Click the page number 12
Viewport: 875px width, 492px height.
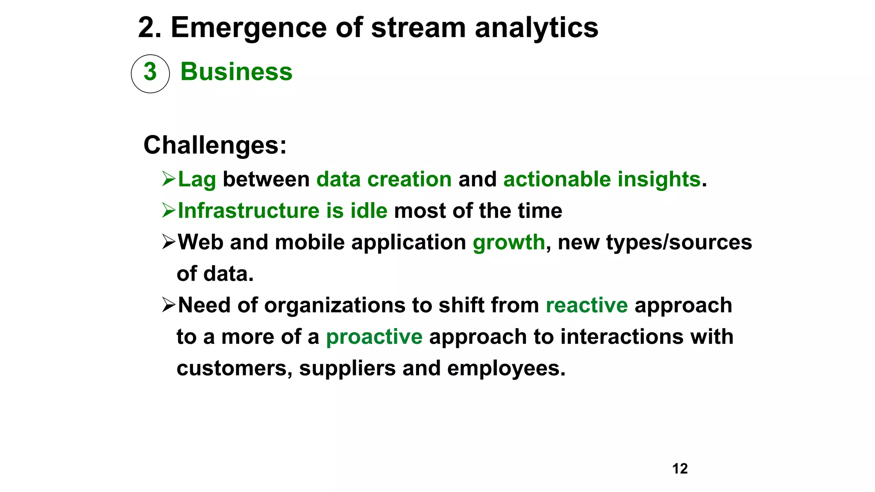[x=680, y=469]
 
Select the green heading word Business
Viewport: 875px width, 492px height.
[x=236, y=71]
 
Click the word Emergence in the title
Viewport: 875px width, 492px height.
[x=249, y=28]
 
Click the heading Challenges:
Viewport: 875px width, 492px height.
[x=215, y=145]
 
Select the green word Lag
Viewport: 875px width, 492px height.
[x=197, y=179]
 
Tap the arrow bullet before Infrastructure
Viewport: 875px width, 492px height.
[x=169, y=210]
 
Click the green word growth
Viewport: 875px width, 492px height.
[x=508, y=243]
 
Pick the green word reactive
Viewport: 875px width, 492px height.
[x=587, y=305]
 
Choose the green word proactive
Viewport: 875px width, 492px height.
[x=374, y=337]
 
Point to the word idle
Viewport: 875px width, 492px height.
[x=369, y=211]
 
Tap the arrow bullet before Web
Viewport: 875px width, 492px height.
[x=169, y=242]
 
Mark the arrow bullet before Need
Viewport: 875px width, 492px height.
[x=169, y=305]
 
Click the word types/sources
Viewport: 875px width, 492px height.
[x=679, y=242]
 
